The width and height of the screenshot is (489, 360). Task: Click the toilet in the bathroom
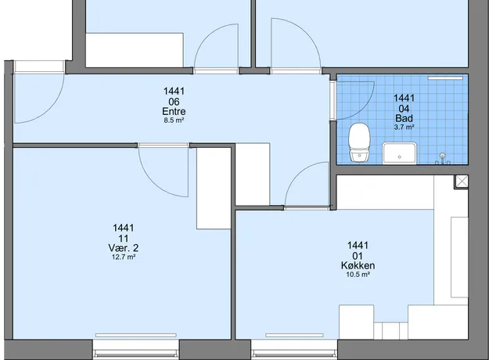coord(359,142)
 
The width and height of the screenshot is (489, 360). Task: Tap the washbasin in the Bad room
coord(400,153)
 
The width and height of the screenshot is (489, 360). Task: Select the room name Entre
coord(174,111)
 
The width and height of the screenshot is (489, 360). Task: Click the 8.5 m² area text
coord(174,120)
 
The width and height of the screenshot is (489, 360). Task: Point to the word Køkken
coord(358,265)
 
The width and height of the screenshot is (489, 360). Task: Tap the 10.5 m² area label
coord(358,275)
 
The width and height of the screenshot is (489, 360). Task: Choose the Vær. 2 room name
coord(123,248)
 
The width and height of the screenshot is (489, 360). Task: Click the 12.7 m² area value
coord(123,257)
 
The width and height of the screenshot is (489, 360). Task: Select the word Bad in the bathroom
coord(404,118)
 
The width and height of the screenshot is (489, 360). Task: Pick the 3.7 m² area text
coord(404,127)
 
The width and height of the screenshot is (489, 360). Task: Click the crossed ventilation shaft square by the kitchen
coord(462,182)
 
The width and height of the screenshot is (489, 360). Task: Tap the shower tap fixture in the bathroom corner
coord(442,158)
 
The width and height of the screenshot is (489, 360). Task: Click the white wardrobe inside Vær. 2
coord(214,189)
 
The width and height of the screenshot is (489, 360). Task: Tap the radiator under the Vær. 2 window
coord(136,336)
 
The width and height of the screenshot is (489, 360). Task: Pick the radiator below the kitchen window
coord(294,336)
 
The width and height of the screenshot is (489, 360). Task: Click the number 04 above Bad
coord(404,109)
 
